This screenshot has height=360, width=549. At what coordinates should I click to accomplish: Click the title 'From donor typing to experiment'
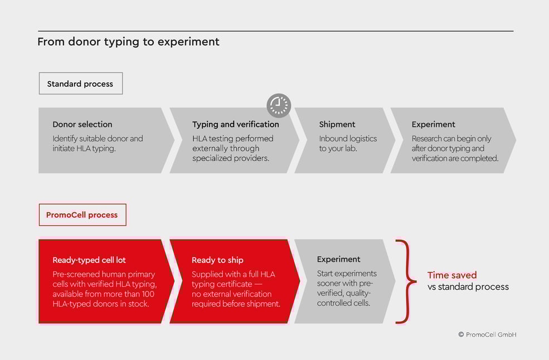click(128, 42)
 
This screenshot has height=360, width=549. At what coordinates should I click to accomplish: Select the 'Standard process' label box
click(80, 84)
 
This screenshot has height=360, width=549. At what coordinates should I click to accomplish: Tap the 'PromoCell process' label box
click(82, 215)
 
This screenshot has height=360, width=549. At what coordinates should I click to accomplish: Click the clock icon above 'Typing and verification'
click(279, 105)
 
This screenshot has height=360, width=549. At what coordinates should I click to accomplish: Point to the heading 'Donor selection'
click(82, 124)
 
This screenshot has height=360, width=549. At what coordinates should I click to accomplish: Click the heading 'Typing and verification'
click(235, 124)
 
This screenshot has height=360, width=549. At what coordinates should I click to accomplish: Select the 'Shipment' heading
click(337, 124)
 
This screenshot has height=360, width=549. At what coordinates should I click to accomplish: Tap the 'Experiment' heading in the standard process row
click(433, 124)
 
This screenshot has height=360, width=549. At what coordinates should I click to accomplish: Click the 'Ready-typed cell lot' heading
click(89, 260)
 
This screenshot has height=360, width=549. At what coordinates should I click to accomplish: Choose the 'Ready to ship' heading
click(217, 260)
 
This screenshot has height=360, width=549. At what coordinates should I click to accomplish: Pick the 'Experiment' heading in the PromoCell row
click(338, 259)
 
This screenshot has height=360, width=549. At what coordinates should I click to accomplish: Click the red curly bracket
click(406, 281)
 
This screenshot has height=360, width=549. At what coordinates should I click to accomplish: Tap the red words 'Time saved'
click(452, 275)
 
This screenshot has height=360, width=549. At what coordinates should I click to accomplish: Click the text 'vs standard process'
click(468, 287)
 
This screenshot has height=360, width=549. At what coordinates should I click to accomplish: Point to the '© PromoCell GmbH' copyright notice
click(487, 334)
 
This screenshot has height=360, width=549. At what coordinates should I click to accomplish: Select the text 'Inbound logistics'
click(348, 138)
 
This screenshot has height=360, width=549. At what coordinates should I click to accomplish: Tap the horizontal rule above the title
click(275, 31)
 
